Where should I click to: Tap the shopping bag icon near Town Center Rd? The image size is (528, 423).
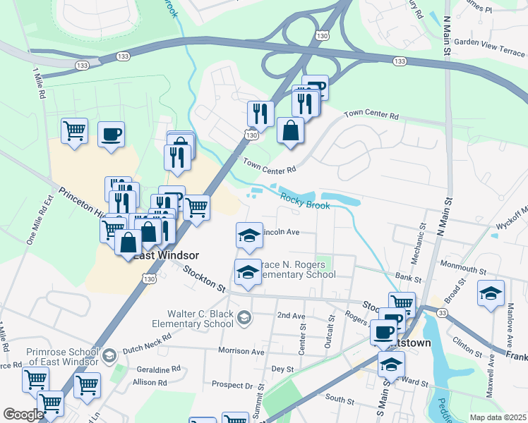coord(291,131)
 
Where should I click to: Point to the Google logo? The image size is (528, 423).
coord(23,414)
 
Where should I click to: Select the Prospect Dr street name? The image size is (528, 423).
coord(232,386)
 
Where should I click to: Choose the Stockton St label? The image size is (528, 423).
coord(203,278)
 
